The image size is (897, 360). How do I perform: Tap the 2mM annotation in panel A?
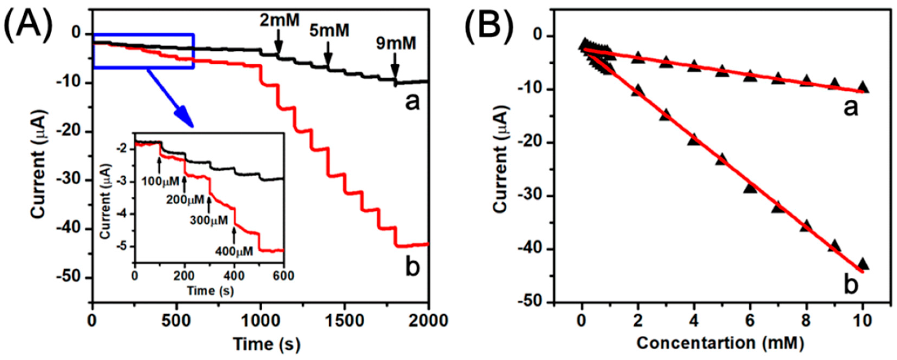point(279,21)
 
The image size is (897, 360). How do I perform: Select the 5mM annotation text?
point(329,31)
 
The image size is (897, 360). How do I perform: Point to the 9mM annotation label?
point(396,44)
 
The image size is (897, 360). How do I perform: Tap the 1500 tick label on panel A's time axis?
point(345,321)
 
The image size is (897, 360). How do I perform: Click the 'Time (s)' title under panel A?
point(267,344)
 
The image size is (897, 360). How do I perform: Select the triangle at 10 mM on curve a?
point(863,87)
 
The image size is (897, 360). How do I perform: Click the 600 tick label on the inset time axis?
point(284,276)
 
